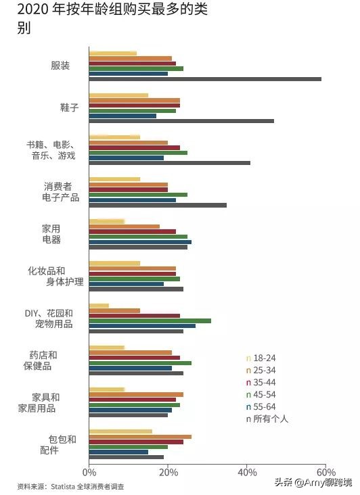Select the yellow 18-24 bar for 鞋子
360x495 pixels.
click(x=118, y=95)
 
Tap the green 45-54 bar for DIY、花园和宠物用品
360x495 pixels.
click(x=150, y=321)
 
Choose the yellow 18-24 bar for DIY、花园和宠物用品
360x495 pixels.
click(x=99, y=306)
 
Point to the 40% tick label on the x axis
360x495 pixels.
click(x=247, y=472)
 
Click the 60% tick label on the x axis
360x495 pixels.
click(x=325, y=472)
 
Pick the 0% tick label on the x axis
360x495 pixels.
click(x=89, y=472)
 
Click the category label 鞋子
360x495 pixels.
click(x=70, y=108)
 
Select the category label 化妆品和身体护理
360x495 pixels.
click(x=55, y=276)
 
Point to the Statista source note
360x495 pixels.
click(x=71, y=486)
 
